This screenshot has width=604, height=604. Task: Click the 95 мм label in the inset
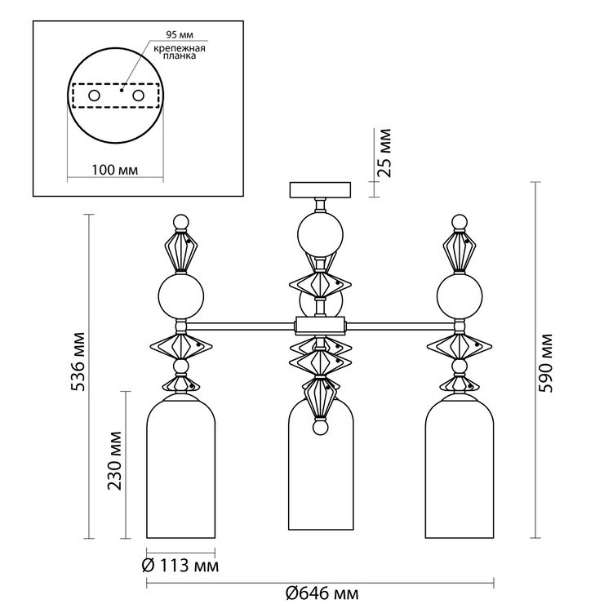click(180, 34)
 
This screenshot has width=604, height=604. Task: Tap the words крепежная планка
click(180, 52)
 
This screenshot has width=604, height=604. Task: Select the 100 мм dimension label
click(115, 170)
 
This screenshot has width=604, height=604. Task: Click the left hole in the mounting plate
click(95, 95)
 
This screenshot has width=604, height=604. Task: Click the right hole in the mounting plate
click(138, 95)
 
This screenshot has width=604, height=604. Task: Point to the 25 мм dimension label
click(384, 153)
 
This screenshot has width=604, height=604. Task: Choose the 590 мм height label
click(545, 364)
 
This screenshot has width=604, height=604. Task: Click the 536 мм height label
click(79, 362)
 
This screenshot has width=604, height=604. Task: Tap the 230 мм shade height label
click(114, 460)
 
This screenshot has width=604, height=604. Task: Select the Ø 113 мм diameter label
click(180, 566)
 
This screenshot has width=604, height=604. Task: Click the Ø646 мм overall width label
click(322, 593)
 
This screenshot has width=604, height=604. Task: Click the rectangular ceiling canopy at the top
click(320, 190)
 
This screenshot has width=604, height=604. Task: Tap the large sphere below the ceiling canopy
click(320, 235)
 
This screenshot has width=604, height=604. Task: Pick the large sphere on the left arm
click(181, 295)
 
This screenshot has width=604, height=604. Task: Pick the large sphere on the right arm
click(460, 295)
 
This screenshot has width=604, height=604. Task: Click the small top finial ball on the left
click(181, 222)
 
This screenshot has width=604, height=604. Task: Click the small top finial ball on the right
click(460, 222)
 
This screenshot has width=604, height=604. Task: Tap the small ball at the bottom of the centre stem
click(320, 427)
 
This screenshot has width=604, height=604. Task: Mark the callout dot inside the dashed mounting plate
click(122, 90)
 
